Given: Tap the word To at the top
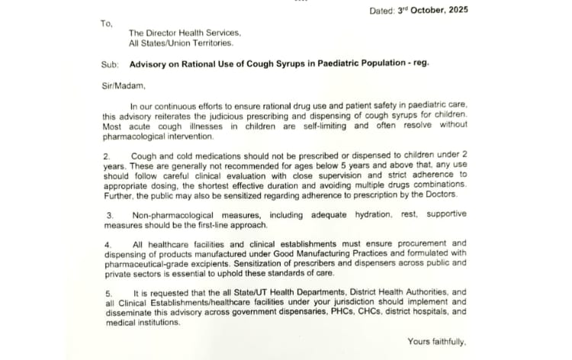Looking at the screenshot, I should (x=106, y=23).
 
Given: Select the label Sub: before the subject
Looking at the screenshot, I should (x=109, y=64).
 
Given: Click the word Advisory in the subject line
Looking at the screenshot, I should (x=149, y=64).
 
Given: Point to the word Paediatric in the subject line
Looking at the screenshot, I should (x=331, y=64).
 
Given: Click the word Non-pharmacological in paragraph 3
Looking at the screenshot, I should (x=176, y=216).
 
